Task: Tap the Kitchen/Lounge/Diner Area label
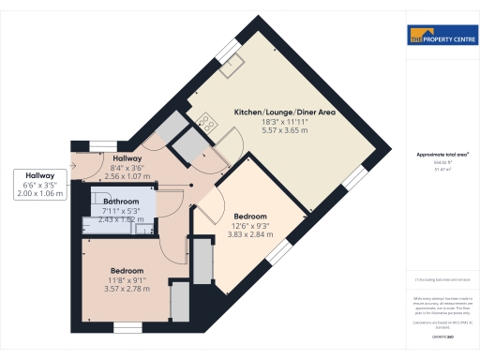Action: click(284, 112)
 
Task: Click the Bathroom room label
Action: click(122, 202)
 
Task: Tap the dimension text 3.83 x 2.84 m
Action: click(256, 234)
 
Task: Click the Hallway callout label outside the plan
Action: click(40, 175)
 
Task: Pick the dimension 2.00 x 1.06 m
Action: click(40, 192)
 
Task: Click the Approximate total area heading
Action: click(442, 155)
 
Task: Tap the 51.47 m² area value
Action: click(442, 170)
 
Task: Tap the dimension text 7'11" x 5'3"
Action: click(122, 211)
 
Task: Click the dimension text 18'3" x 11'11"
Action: click(284, 121)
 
